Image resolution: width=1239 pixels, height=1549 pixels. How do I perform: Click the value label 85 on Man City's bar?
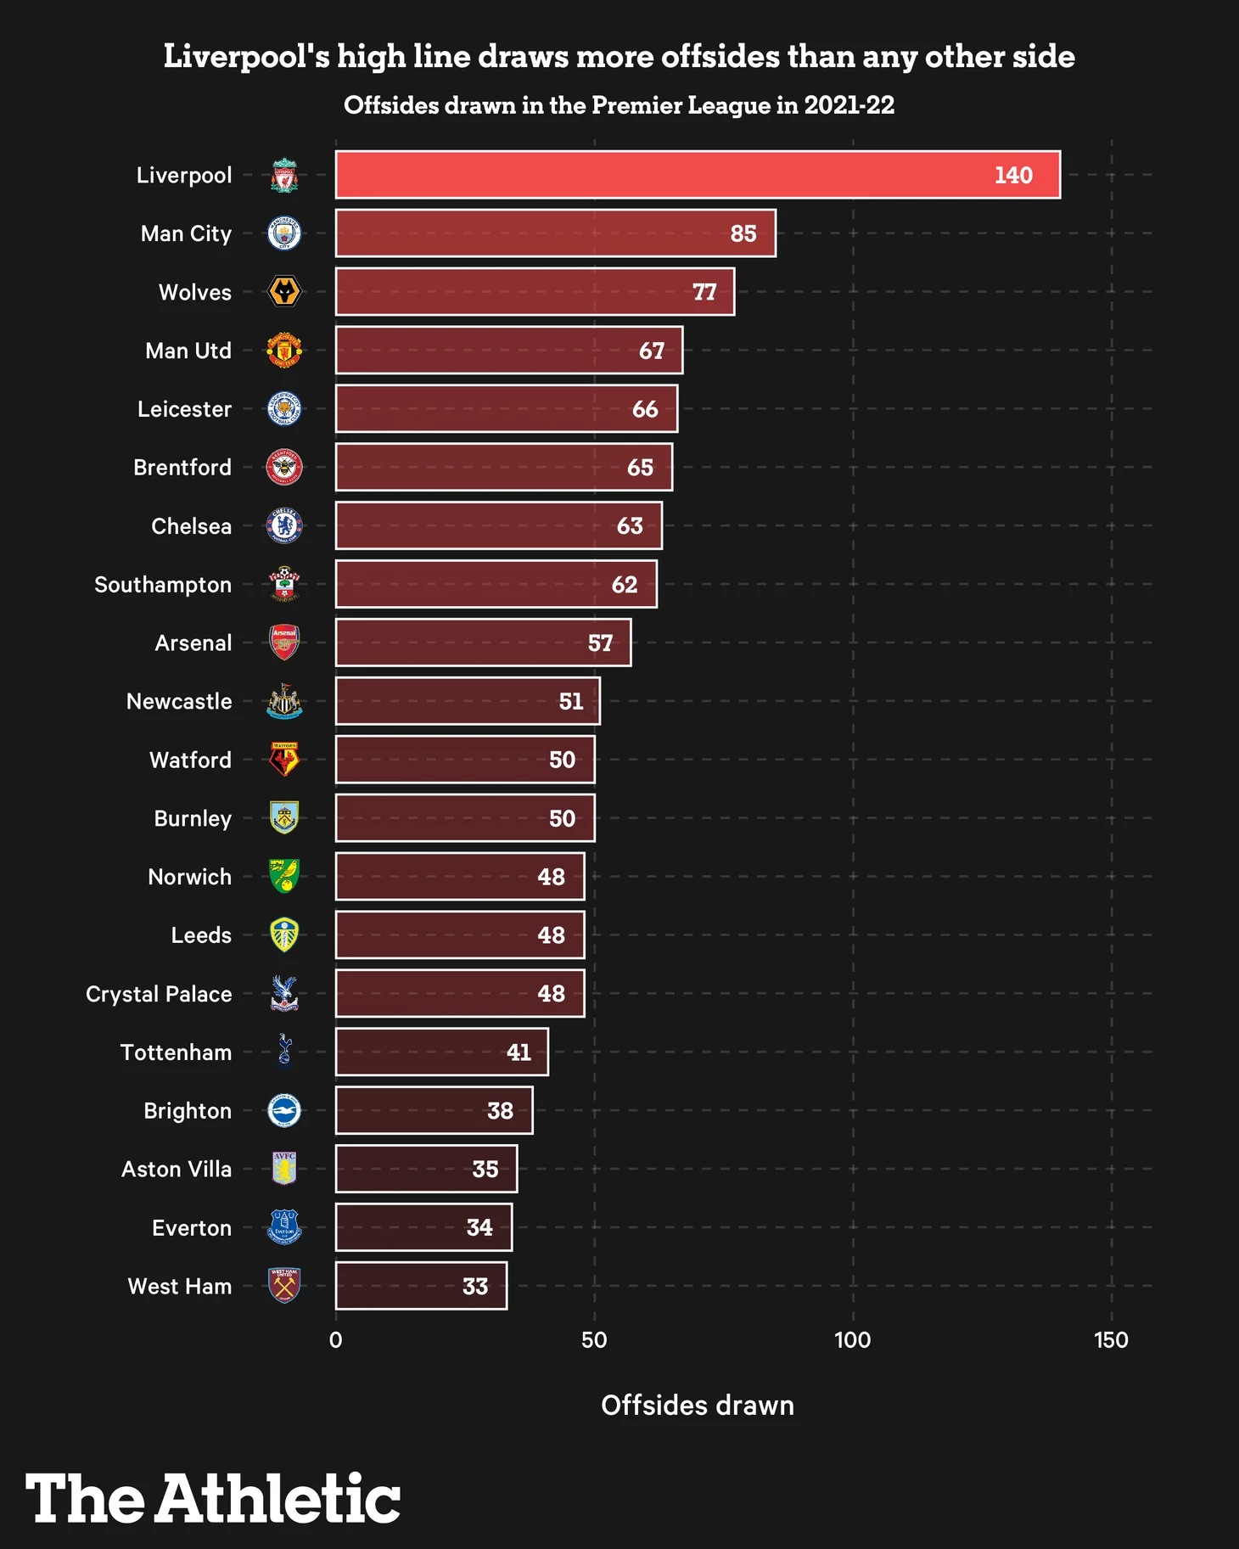click(743, 233)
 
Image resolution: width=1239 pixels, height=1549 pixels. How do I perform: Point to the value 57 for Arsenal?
click(600, 643)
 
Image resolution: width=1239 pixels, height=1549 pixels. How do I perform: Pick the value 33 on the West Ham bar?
click(475, 1287)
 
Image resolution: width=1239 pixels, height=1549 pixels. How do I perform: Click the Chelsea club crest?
click(284, 526)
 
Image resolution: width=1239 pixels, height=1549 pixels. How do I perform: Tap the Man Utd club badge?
click(284, 351)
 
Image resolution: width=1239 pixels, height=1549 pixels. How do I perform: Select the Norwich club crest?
click(284, 877)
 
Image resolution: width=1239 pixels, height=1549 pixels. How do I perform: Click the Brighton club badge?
click(284, 1111)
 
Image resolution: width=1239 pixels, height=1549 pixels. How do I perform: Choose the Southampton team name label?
click(163, 585)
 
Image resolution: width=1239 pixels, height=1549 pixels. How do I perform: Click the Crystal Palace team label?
click(159, 994)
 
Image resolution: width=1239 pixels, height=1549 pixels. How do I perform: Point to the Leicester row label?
click(184, 409)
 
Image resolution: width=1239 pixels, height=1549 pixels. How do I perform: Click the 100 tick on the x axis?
click(852, 1340)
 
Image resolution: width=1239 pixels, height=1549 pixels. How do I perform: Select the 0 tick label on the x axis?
click(336, 1340)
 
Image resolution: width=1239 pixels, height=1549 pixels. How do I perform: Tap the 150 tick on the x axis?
click(1111, 1340)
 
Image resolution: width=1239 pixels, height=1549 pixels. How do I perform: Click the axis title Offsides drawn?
click(698, 1406)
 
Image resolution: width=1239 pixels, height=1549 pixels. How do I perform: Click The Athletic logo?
click(212, 1499)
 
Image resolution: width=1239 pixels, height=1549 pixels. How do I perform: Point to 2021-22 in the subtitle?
click(849, 105)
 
